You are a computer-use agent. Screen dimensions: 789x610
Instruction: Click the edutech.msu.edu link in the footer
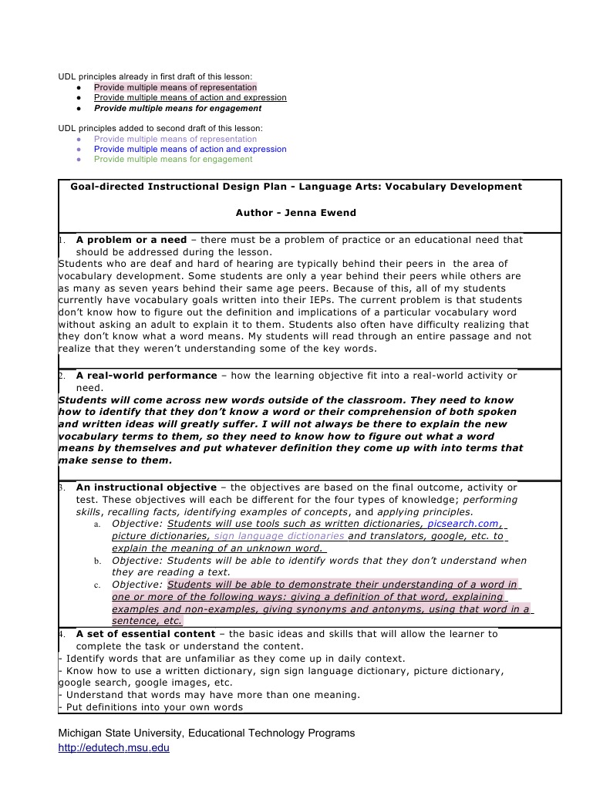pyautogui.click(x=113, y=747)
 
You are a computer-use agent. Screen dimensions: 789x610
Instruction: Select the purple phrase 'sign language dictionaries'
pyautogui.click(x=279, y=535)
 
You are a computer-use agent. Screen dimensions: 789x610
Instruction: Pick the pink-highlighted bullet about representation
pyautogui.click(x=175, y=87)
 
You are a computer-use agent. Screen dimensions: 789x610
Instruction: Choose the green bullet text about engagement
pyautogui.click(x=173, y=159)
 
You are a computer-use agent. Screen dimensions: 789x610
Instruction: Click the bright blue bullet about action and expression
pyautogui.click(x=190, y=149)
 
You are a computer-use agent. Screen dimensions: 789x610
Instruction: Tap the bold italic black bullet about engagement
pyautogui.click(x=177, y=108)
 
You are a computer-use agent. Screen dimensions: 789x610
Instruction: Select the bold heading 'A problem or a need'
pyautogui.click(x=131, y=240)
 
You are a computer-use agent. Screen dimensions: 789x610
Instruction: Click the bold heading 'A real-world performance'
pyautogui.click(x=147, y=376)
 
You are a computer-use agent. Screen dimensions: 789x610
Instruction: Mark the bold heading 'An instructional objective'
pyautogui.click(x=146, y=487)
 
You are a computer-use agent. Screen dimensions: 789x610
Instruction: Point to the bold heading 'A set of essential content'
pyautogui.click(x=146, y=634)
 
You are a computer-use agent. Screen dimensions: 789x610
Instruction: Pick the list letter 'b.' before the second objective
pyautogui.click(x=98, y=561)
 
